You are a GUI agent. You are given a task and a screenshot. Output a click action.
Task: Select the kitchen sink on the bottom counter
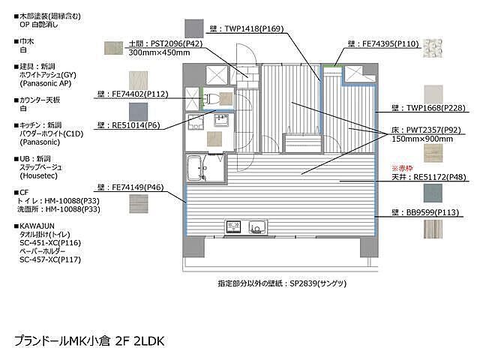coord(256,226)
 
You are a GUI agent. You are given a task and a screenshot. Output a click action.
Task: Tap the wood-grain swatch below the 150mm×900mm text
coord(433,153)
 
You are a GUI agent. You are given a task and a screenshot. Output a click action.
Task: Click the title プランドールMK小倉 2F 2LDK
coord(88,340)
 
